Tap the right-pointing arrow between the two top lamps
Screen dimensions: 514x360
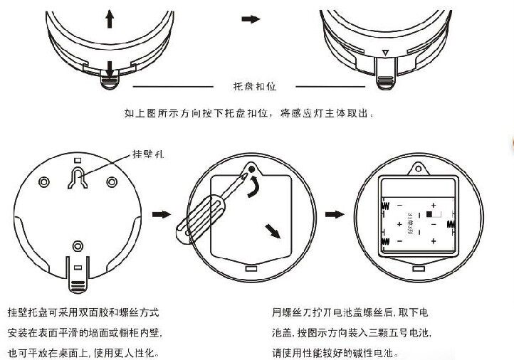pos(251,18)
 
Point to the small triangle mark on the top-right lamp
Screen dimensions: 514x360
pos(385,52)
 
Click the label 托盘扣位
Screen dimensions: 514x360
pos(254,87)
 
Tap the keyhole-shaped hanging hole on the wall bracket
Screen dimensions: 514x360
pos(77,176)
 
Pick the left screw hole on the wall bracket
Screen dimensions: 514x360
pos(44,180)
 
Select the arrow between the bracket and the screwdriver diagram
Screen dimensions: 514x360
pos(164,213)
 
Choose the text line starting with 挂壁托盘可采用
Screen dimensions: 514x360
pos(83,312)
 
